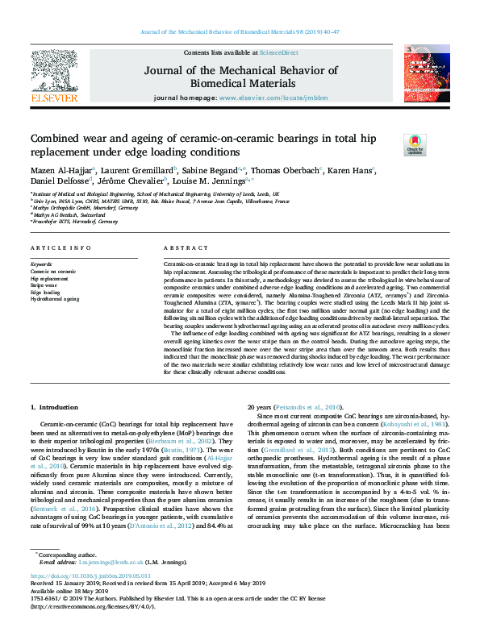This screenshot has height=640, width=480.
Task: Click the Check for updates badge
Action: coord(415,145)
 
